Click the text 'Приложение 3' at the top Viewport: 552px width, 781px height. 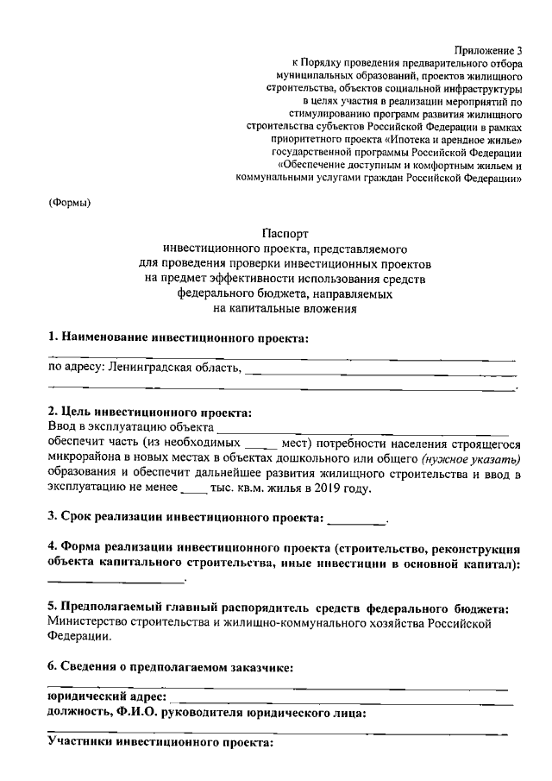[x=489, y=51]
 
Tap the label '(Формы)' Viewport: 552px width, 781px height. [x=69, y=203]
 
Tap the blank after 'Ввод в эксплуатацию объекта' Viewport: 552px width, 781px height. [x=362, y=427]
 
